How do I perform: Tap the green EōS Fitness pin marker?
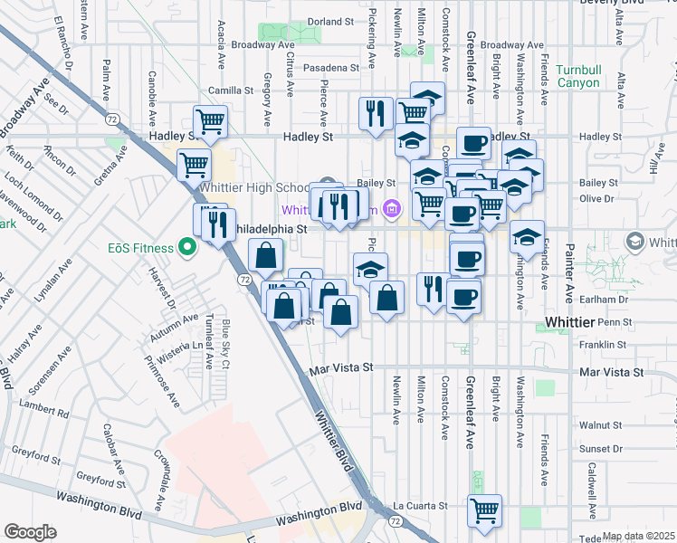coord(188,246)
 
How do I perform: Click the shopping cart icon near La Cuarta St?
coord(484,510)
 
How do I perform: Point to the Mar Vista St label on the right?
coord(613,372)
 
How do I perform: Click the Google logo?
coord(31,532)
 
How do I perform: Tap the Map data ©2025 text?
coord(639,536)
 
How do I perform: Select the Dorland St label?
coord(329,21)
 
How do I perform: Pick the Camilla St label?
coord(231,90)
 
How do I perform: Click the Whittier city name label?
coord(576,323)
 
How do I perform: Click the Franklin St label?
coord(604,345)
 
